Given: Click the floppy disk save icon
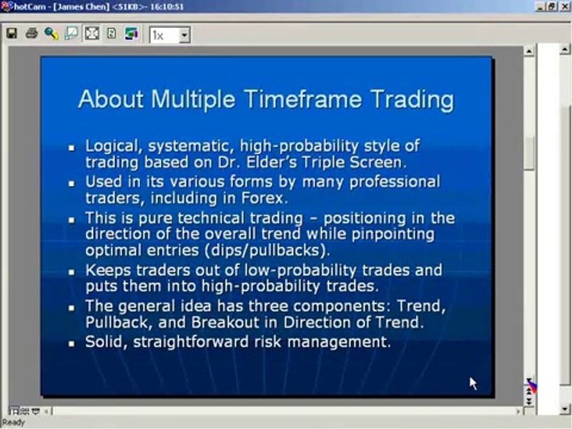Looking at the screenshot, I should pyautogui.click(x=11, y=34).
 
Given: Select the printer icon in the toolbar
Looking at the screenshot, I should pyautogui.click(x=32, y=34).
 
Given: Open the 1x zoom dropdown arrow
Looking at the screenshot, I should pyautogui.click(x=184, y=35).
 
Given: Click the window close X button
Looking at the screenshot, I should pyautogui.click(x=564, y=6).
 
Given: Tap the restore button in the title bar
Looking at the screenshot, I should pyautogui.click(x=552, y=6).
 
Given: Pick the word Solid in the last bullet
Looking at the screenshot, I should pyautogui.click(x=105, y=342).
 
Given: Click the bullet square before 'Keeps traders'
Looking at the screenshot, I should pyautogui.click(x=71, y=272).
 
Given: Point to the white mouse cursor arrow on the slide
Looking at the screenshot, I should pyautogui.click(x=472, y=383).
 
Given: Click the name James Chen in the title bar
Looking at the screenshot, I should pyautogui.click(x=76, y=7).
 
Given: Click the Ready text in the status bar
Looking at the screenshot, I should pyautogui.click(x=13, y=422).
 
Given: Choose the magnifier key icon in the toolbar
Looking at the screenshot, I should pyautogui.click(x=51, y=34).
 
